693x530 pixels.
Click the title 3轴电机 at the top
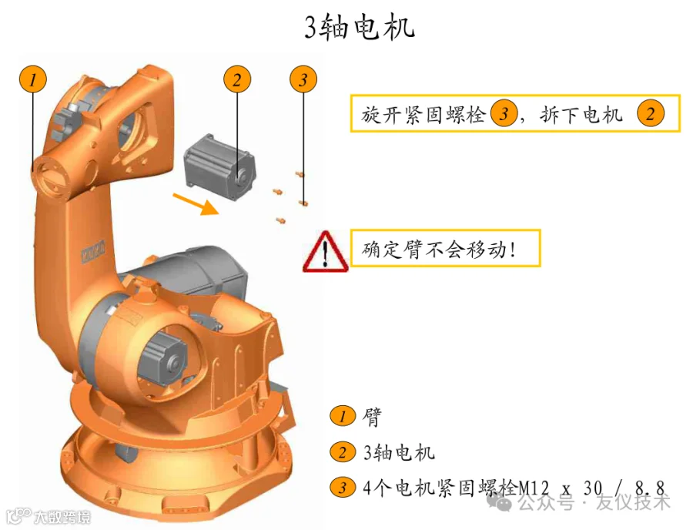tap(360, 27)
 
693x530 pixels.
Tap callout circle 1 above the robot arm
tap(33, 79)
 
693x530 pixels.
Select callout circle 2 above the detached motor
tap(237, 79)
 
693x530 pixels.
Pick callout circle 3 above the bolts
tap(303, 79)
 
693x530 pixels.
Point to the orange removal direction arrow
tap(196, 204)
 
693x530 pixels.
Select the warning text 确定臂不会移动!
tap(438, 250)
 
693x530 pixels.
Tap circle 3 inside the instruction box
tap(504, 113)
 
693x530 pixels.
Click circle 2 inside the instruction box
tap(650, 113)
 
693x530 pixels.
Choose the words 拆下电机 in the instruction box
tap(581, 115)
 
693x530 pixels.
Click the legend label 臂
tap(371, 417)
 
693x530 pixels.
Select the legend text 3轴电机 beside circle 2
tap(399, 452)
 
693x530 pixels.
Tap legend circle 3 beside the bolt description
tap(343, 488)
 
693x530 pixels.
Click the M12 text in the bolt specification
tap(534, 488)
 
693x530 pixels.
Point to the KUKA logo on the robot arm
tap(94, 251)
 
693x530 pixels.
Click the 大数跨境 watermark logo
tap(49, 516)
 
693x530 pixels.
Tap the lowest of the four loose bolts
tap(280, 220)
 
